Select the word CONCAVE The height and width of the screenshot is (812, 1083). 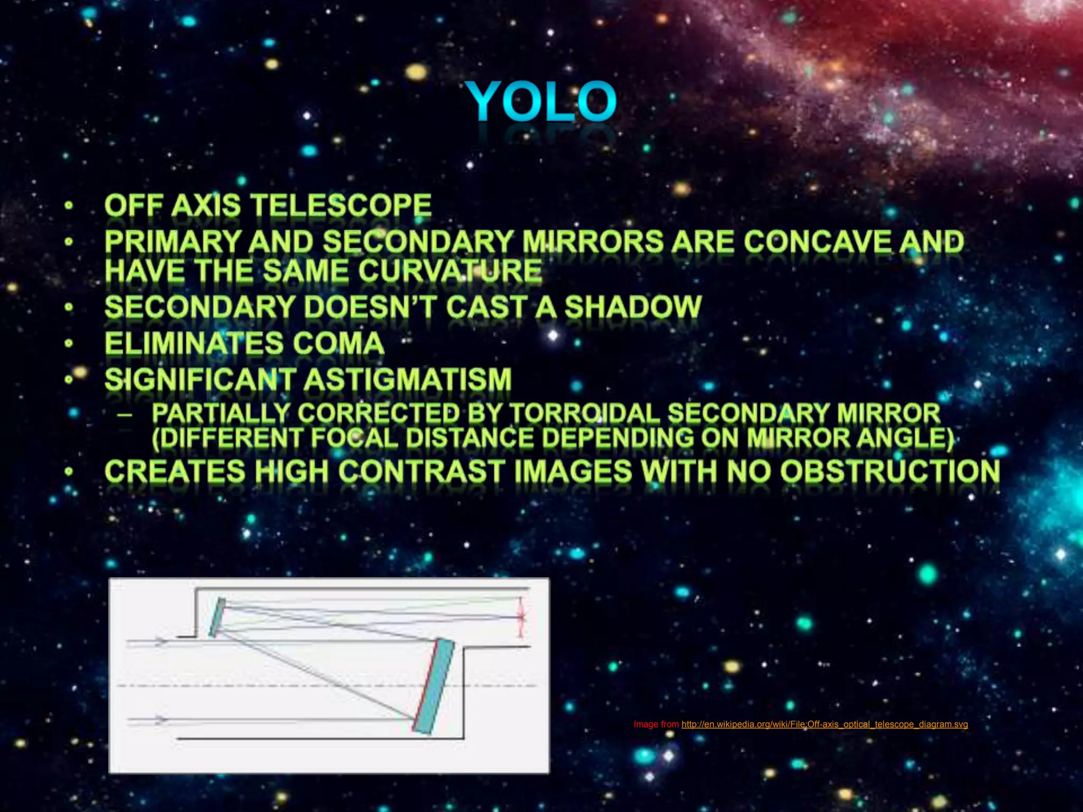[x=818, y=242]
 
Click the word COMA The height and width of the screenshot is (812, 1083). [x=338, y=344]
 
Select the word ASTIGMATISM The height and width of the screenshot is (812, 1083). [x=408, y=380]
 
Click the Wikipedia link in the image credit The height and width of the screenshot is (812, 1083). [x=824, y=724]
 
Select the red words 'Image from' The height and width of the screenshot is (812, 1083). [x=656, y=724]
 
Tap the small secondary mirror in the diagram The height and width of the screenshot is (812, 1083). [x=217, y=617]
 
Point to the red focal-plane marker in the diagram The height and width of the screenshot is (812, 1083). [x=521, y=616]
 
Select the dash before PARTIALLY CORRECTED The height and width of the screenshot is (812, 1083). [x=125, y=414]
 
